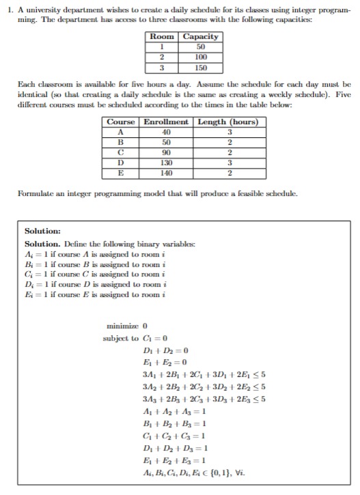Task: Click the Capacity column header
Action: [202, 36]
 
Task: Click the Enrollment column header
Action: [166, 122]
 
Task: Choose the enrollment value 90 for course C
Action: [166, 153]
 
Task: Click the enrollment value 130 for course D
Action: [166, 163]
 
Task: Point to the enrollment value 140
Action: [166, 173]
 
